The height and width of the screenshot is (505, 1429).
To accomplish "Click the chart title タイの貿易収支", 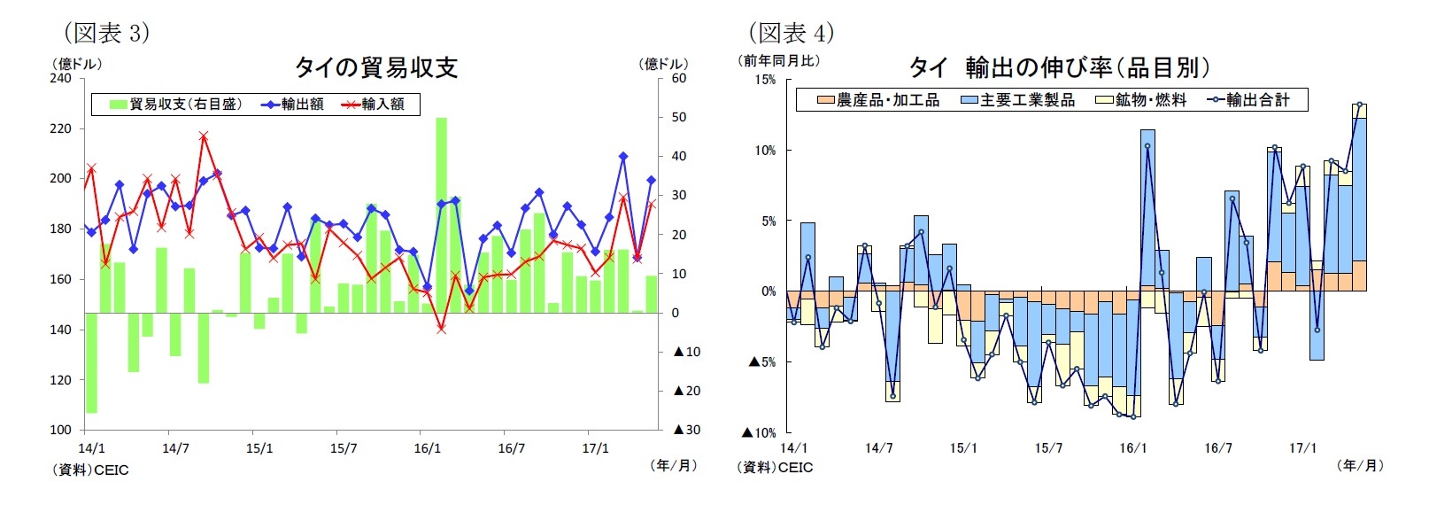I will pyautogui.click(x=375, y=67).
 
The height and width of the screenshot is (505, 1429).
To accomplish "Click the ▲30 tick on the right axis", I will pyautogui.click(x=686, y=430).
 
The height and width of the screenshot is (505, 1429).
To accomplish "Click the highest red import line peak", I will pyautogui.click(x=204, y=136).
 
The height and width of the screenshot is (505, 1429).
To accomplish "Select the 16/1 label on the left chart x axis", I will pyautogui.click(x=427, y=448).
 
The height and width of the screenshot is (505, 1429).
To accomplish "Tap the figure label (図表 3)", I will pyautogui.click(x=106, y=33).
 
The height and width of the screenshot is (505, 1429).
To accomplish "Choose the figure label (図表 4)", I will pyautogui.click(x=791, y=33).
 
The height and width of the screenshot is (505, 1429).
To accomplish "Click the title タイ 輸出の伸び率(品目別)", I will pyautogui.click(x=1059, y=67).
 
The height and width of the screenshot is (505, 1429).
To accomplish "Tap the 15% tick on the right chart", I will pyautogui.click(x=764, y=80).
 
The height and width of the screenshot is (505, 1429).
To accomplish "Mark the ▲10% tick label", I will pyautogui.click(x=761, y=432).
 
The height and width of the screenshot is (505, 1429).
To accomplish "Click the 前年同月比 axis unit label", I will pyautogui.click(x=779, y=61).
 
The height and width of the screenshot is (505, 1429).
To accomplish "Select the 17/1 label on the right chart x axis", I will pyautogui.click(x=1302, y=448).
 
